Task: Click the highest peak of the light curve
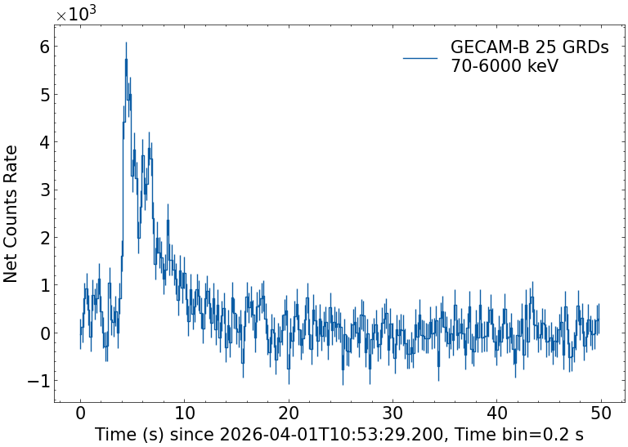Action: pyautogui.click(x=126, y=43)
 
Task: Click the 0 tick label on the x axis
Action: pyautogui.click(x=80, y=414)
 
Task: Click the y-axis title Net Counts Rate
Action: pyautogui.click(x=11, y=213)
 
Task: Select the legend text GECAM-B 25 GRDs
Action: pyautogui.click(x=529, y=48)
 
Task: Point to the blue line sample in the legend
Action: pyautogui.click(x=421, y=57)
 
